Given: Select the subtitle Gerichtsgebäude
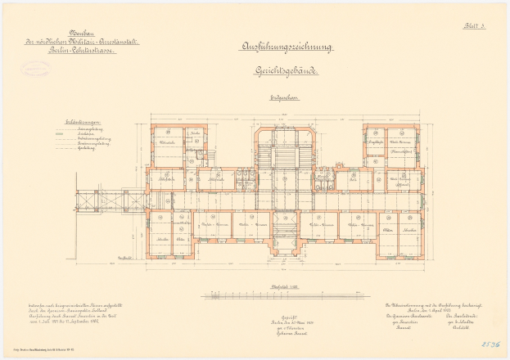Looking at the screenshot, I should [x=275, y=72].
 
